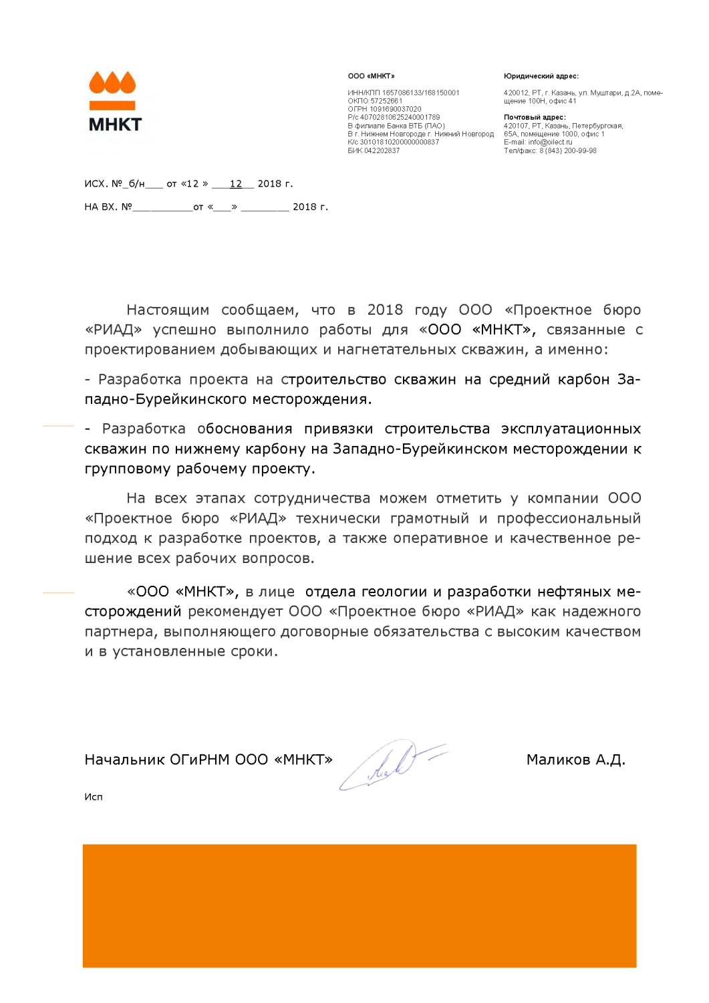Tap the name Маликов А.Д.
(x=575, y=760)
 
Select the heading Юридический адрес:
(x=541, y=76)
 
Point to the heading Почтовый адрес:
(x=534, y=118)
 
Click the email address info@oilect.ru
(x=550, y=142)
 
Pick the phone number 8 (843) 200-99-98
(x=568, y=151)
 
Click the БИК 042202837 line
(x=374, y=151)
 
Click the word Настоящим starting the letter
(x=168, y=310)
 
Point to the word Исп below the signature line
(x=94, y=797)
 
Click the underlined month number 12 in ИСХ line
(x=235, y=184)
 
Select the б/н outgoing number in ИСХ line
(x=136, y=184)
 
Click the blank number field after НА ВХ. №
(x=162, y=207)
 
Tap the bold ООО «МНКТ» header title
(x=371, y=76)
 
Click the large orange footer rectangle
(x=360, y=905)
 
